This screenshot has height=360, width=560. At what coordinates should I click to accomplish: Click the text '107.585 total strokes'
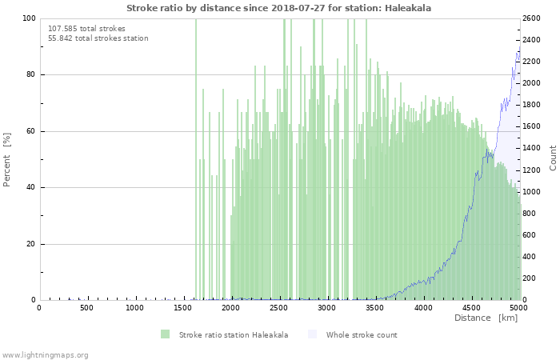point(86,28)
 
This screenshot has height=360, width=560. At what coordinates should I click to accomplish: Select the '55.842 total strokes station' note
point(98,38)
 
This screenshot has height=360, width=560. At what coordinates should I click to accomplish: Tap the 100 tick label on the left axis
point(28,18)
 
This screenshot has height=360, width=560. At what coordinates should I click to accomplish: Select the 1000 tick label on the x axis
point(135,308)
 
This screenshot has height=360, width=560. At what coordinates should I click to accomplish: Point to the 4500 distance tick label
point(471,308)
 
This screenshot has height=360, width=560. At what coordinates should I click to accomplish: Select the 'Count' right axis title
point(553,158)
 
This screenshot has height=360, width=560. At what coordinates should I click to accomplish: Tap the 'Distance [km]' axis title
point(486,318)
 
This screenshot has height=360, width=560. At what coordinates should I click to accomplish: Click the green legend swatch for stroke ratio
point(165,334)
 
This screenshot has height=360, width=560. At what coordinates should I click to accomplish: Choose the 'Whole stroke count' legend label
point(361,334)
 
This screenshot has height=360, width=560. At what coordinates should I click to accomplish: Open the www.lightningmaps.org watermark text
point(45,354)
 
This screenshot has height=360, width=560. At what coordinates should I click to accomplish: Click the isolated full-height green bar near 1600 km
point(196,160)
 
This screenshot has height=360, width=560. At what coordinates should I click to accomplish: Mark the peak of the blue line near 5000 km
point(518,53)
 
